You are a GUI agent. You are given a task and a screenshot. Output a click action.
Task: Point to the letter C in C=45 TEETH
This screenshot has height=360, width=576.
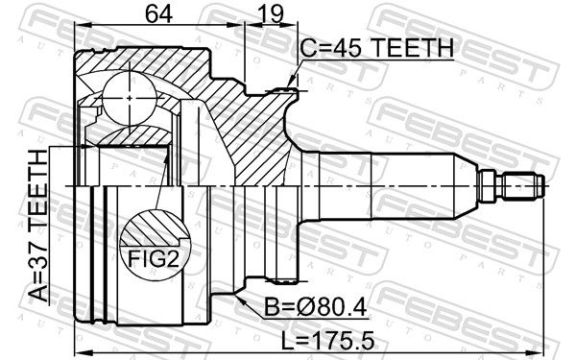[307, 48]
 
